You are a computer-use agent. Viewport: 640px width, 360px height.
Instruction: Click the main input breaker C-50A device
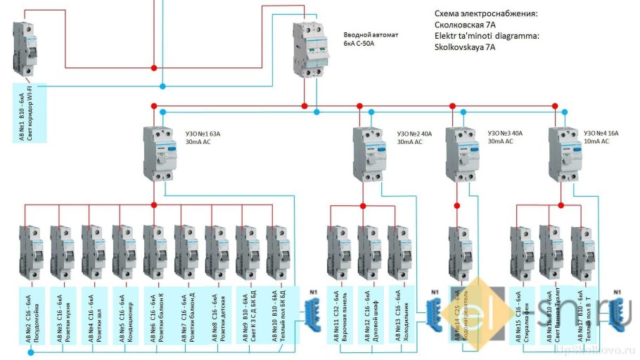coord(311,50)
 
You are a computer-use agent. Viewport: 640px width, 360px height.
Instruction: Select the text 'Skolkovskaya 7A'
coord(465,48)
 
